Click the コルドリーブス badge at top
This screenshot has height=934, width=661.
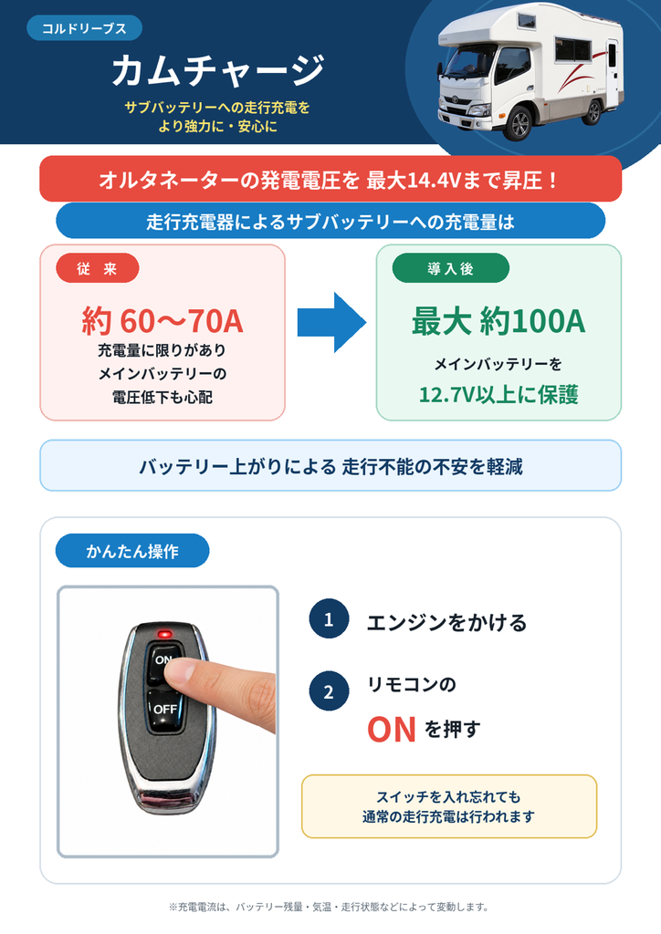[x=84, y=28]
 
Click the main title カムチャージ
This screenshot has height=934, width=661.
[x=218, y=70]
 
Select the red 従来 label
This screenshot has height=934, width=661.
[x=97, y=269]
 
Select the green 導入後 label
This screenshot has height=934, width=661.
[x=451, y=269]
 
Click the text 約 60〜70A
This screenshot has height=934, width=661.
[x=163, y=320]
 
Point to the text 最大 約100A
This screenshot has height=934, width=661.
[x=498, y=320]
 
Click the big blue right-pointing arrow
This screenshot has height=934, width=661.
[x=331, y=322]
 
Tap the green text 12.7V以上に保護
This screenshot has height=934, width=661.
[x=498, y=394]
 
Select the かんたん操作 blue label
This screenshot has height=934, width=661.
[x=132, y=551]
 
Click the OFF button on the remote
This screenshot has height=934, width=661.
[x=163, y=710]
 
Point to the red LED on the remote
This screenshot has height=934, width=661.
[x=165, y=633]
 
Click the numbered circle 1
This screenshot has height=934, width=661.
[x=329, y=619]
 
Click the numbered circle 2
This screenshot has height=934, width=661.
[x=329, y=691]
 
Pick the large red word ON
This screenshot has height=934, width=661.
[x=391, y=729]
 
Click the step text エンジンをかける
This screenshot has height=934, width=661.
[x=446, y=622]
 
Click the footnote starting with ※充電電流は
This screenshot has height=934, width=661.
[x=329, y=908]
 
